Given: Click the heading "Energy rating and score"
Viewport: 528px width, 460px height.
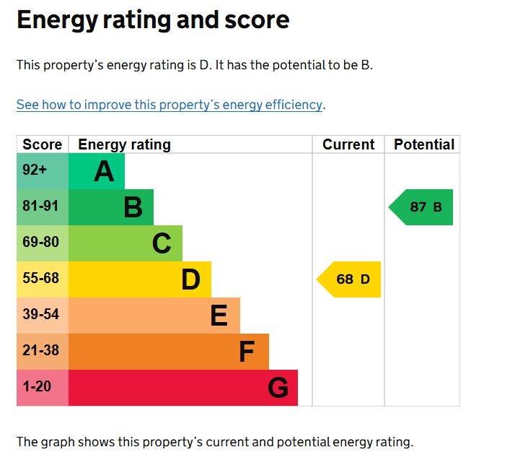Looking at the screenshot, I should coord(153,20).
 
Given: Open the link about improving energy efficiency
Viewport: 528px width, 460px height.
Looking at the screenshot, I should coord(170,105).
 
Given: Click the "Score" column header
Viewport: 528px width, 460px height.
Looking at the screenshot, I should coord(43,144).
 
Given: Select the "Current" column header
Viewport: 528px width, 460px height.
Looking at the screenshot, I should coord(348,144).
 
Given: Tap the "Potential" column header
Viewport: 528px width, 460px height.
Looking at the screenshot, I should coord(424,144).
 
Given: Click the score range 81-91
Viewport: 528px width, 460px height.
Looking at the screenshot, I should coord(40,207).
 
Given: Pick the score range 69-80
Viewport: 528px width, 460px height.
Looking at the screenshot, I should coord(40,243).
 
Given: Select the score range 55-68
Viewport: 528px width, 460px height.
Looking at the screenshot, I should coord(40,279).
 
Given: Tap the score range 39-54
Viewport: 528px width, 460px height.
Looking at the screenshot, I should coord(40,315).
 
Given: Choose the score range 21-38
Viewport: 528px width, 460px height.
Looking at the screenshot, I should coord(40,351).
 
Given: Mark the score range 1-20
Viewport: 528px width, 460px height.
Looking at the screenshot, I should coord(37,387).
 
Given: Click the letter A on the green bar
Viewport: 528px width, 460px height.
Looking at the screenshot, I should coord(104,172).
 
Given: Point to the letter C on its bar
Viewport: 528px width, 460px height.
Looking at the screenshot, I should coord(162,244).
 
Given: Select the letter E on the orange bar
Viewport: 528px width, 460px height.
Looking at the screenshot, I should coord(219,316).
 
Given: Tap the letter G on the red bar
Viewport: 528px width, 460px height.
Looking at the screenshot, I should coord(278,389).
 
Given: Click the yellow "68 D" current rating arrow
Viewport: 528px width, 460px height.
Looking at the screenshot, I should coord(350,279).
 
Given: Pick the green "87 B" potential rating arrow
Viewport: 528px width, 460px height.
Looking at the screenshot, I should coord(422,207).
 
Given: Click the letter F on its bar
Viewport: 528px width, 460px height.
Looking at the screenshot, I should coord(247,352).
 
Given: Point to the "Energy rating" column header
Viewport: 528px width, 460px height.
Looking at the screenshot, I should coord(124,144).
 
